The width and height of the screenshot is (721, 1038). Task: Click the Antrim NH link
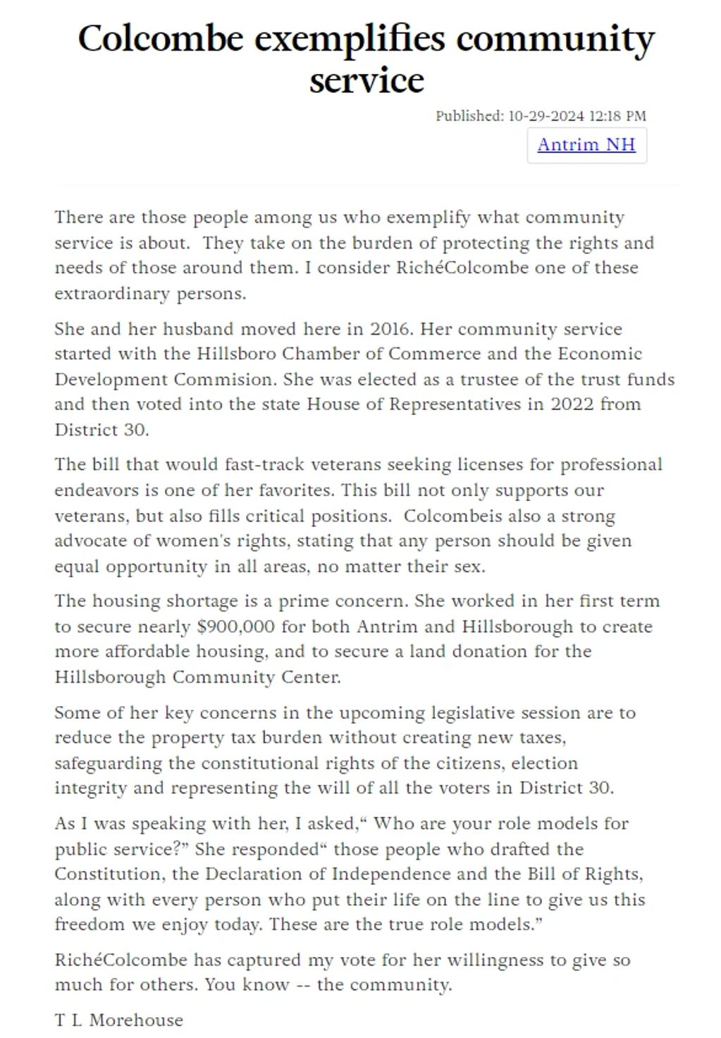click(586, 144)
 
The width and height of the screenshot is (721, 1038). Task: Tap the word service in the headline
click(366, 80)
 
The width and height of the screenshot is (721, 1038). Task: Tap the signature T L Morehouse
click(118, 1020)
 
